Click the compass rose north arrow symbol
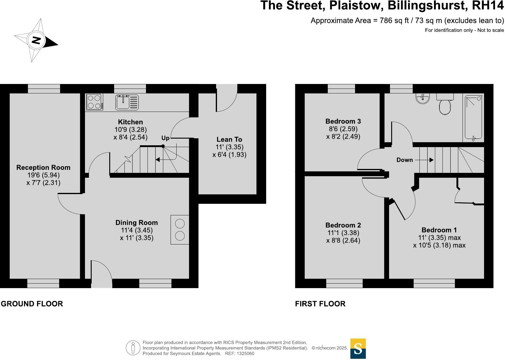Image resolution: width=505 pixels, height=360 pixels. [x=36, y=40]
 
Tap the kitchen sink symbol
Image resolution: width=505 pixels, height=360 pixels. [x=127, y=102]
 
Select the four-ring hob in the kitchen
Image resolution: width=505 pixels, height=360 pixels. [x=94, y=102]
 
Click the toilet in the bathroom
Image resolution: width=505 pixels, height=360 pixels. [x=445, y=105]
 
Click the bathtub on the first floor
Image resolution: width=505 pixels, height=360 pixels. [x=473, y=118]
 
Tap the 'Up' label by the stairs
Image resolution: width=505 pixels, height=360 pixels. [x=165, y=138]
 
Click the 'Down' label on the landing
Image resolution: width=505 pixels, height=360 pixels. [x=405, y=160]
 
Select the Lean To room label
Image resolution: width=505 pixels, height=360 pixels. [x=229, y=140]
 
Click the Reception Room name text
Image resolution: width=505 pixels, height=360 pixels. [x=43, y=167]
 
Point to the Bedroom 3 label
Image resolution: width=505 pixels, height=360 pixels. [x=343, y=121]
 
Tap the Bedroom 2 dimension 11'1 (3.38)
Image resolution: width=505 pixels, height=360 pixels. [x=343, y=233]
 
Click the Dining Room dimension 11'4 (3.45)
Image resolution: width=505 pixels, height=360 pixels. [x=137, y=230]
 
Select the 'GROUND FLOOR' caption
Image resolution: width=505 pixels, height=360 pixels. [x=32, y=304]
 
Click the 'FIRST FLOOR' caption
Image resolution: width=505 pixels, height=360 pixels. [x=320, y=304]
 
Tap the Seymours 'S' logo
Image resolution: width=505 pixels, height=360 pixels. [x=358, y=349]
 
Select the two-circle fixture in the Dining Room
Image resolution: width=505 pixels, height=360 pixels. [x=180, y=230]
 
